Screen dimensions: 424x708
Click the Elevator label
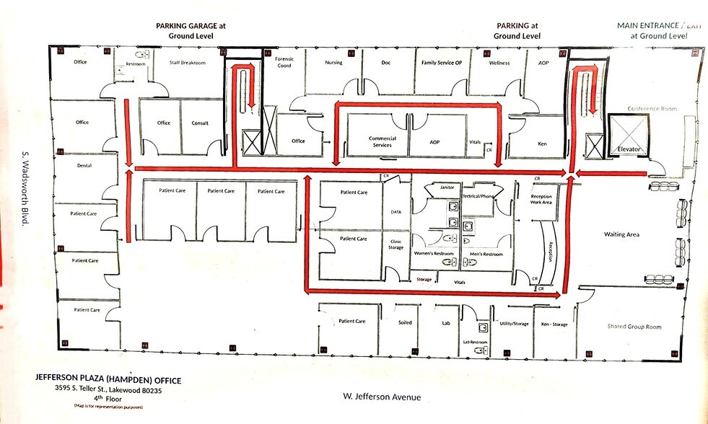click(627, 150)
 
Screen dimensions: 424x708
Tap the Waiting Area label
click(621, 234)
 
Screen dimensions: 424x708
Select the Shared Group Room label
click(634, 327)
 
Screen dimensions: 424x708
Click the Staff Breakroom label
click(187, 63)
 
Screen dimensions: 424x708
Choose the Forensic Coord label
click(284, 63)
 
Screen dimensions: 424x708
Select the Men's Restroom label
click(486, 255)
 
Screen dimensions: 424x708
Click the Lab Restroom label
click(475, 341)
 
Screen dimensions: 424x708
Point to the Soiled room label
click(405, 322)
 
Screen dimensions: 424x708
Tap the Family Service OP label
click(442, 63)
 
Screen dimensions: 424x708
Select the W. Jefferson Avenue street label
click(381, 397)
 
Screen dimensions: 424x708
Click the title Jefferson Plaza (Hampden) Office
click(108, 380)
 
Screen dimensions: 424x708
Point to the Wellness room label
click(499, 63)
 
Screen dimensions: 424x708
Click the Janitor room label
click(447, 187)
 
